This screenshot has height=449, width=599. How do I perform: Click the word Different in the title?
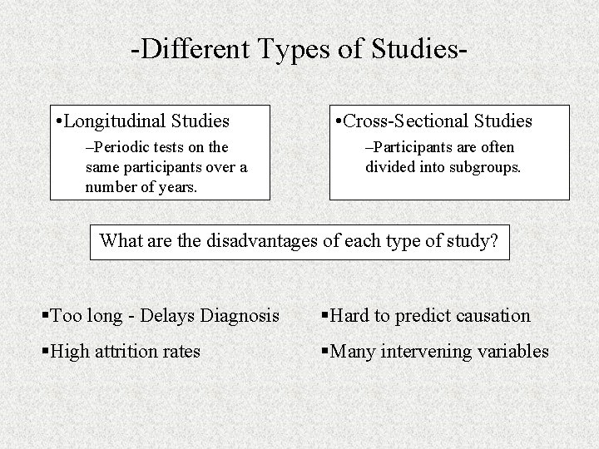188,49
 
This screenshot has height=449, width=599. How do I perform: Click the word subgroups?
484,166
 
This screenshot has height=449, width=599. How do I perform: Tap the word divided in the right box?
389,166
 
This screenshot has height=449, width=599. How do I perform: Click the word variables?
512,352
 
